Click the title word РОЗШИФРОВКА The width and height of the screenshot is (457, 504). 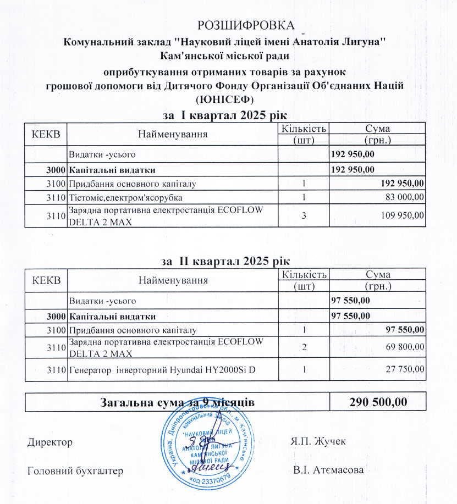[246, 25]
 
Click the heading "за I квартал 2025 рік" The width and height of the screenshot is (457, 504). [226, 115]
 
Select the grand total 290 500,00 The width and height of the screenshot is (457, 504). [378, 402]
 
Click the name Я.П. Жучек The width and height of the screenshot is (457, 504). [316, 442]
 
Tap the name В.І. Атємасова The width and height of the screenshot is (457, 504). [328, 470]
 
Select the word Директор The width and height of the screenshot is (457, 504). [49, 442]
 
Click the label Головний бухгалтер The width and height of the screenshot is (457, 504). [75, 470]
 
